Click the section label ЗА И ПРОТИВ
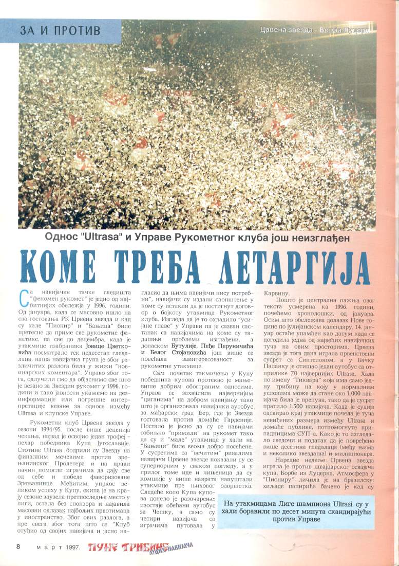pyautogui.click(x=61, y=30)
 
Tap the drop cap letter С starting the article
pyautogui.click(x=23, y=296)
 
